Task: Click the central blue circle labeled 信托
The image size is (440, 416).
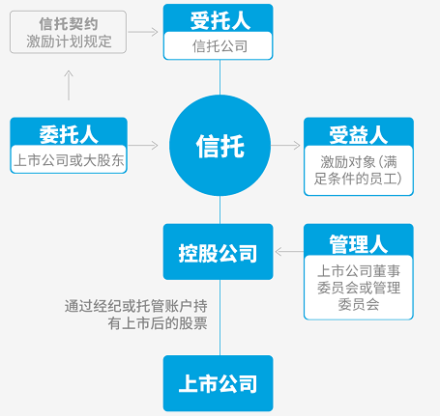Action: [220, 146]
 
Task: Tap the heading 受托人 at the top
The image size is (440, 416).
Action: [220, 21]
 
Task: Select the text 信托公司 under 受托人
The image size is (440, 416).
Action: [220, 46]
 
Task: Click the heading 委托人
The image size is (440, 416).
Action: [69, 134]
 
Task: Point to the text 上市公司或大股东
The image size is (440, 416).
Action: [69, 160]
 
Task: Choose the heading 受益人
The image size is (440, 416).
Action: [359, 135]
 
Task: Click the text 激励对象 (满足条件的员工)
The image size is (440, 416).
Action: [359, 170]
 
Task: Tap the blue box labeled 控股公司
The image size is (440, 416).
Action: [219, 252]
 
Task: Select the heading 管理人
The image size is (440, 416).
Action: [359, 244]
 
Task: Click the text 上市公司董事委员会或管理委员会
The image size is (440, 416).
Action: [359, 288]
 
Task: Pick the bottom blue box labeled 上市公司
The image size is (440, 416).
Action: [219, 383]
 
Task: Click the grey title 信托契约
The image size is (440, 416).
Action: [69, 24]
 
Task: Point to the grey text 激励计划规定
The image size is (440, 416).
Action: [69, 42]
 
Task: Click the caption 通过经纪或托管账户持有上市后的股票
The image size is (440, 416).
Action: [135, 315]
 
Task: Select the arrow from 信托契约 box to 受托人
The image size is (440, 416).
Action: [143, 32]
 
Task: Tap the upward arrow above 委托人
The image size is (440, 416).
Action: [69, 85]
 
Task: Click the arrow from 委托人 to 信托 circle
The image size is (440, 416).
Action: [143, 146]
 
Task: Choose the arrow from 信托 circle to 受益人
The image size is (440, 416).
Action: [286, 146]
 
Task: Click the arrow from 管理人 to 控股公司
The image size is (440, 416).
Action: [289, 252]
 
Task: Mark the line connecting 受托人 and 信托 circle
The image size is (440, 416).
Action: [220, 77]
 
